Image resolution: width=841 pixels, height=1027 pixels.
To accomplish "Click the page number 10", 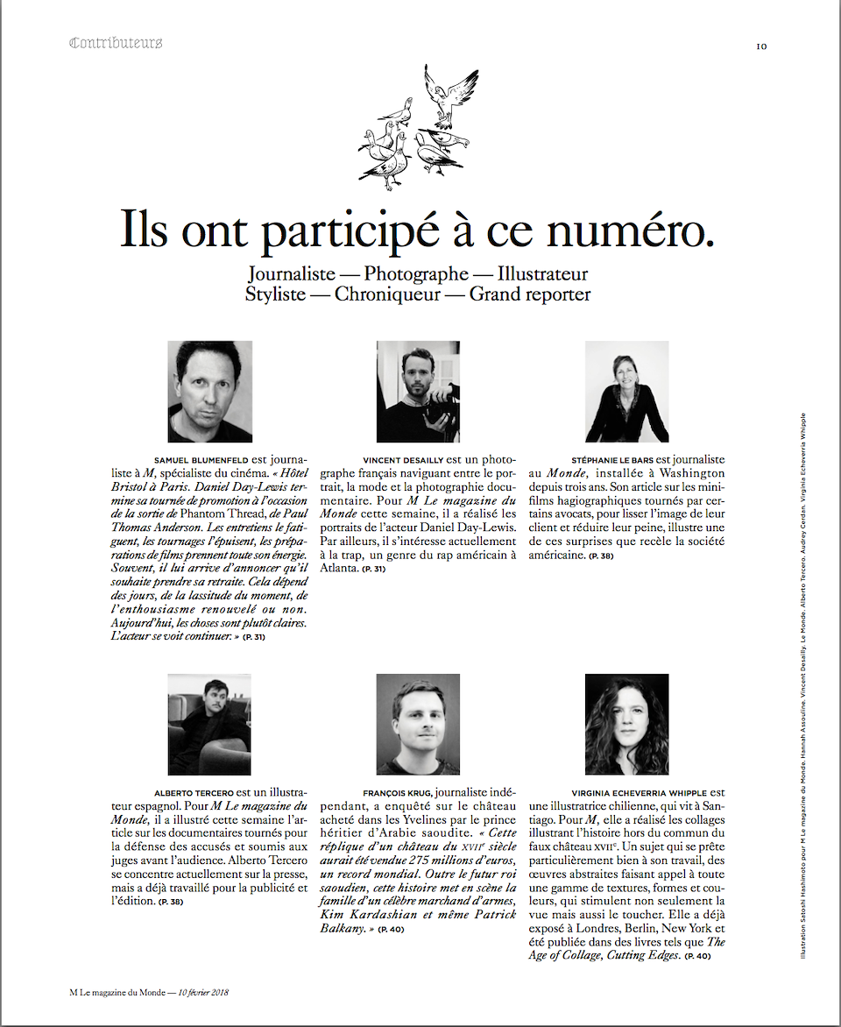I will click(x=761, y=46).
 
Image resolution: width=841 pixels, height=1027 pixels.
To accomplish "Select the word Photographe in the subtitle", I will click(x=415, y=274).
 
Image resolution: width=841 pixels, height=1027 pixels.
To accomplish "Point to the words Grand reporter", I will click(x=530, y=294).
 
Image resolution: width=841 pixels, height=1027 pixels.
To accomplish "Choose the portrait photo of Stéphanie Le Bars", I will click(x=626, y=391).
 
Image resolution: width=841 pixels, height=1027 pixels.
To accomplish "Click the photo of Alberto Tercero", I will click(x=209, y=724).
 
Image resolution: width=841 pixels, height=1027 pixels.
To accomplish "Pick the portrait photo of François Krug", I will click(x=418, y=724).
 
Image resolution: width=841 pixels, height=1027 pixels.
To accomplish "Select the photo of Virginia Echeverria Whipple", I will click(x=626, y=724).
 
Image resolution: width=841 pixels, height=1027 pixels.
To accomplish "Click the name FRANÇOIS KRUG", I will click(x=397, y=792).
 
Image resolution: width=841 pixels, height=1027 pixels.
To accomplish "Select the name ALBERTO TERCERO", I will click(x=194, y=792).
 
